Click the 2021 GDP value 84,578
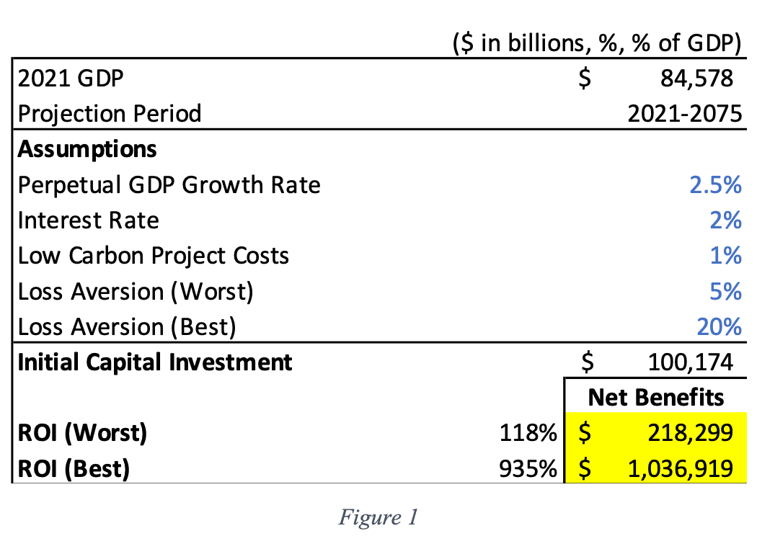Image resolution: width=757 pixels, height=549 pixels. coord(696,78)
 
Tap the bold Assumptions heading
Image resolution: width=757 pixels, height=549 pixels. coord(87,149)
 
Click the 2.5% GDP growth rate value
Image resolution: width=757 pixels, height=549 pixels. coord(715,185)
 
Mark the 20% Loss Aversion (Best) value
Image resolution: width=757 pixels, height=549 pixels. coord(719,327)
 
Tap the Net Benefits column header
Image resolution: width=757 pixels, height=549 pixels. coord(656,398)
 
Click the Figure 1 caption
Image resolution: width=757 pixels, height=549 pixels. coord(378,518)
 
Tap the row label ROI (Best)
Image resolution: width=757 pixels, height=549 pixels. coord(74,469)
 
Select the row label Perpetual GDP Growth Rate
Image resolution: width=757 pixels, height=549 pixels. coord(169,185)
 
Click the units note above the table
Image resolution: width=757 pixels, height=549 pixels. coord(597,44)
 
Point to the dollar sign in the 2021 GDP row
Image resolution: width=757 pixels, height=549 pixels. coord(585,78)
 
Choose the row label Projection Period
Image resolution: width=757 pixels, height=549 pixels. coord(110,114)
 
